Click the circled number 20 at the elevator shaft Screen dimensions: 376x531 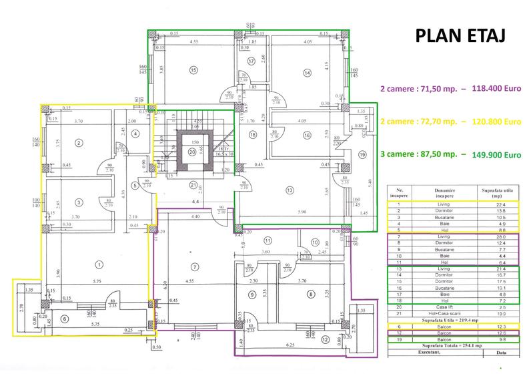tap(193, 151)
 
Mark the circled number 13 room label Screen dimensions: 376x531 tap(290, 191)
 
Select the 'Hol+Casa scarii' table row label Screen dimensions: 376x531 tap(440, 313)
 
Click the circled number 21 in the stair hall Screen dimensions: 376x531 tap(193, 185)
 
